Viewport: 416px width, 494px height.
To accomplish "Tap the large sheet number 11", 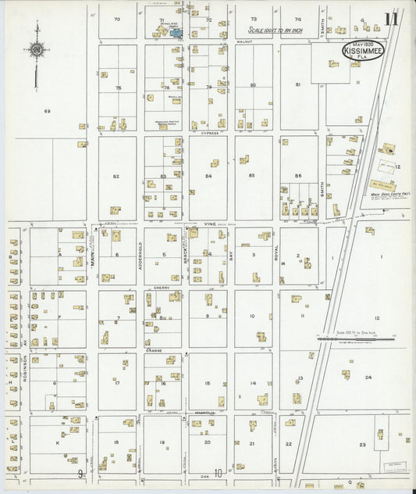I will [x=391, y=19].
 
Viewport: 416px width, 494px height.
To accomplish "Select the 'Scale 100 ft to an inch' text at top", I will [x=272, y=30].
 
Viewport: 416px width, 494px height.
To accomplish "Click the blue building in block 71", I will [x=177, y=34].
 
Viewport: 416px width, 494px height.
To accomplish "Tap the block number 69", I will [x=47, y=112].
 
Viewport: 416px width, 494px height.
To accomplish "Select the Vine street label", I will [x=208, y=224].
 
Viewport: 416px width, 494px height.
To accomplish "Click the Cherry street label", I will [x=162, y=288].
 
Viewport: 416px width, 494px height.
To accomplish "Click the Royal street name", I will [x=276, y=253].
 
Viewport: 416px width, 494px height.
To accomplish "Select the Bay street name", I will [x=231, y=253].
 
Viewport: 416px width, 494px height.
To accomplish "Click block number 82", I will [x=116, y=177].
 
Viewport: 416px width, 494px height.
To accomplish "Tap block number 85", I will [x=252, y=176].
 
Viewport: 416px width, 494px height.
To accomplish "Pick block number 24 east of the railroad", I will [x=368, y=377].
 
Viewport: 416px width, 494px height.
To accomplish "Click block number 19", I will [x=162, y=442].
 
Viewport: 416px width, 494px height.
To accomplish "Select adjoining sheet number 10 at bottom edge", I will [x=219, y=473].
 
